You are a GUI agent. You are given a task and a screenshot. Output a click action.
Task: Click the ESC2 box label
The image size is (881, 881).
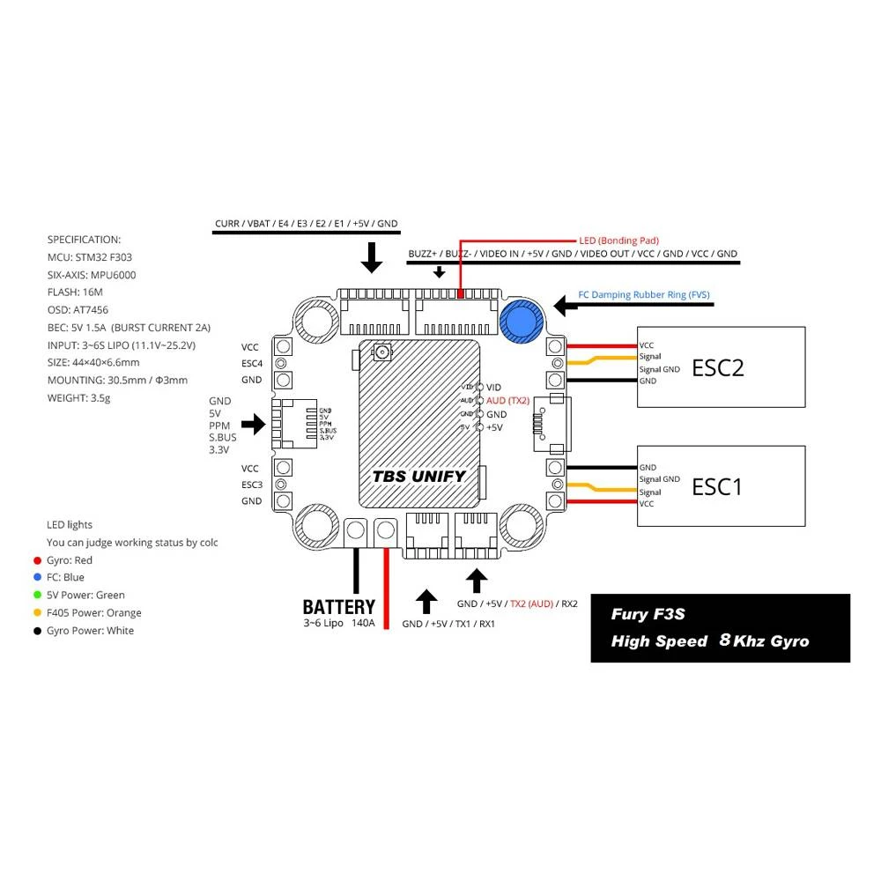pyautogui.click(x=718, y=366)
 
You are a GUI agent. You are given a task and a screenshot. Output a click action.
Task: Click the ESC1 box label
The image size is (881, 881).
pyautogui.click(x=717, y=485)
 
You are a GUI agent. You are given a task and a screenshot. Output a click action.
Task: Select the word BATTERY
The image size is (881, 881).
pyautogui.click(x=338, y=607)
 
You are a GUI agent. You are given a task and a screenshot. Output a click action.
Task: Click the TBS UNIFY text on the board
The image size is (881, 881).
pyautogui.click(x=418, y=476)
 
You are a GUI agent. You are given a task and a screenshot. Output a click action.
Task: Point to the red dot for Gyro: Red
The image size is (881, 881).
pyautogui.click(x=36, y=560)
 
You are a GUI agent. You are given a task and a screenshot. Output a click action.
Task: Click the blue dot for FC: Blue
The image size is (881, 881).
pyautogui.click(x=36, y=578)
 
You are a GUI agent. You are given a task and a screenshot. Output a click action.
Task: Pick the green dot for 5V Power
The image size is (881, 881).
pyautogui.click(x=36, y=596)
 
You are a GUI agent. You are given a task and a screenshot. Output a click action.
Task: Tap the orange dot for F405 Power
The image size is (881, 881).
pyautogui.click(x=36, y=613)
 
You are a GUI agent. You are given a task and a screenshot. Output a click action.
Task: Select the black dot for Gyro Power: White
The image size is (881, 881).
pyautogui.click(x=36, y=631)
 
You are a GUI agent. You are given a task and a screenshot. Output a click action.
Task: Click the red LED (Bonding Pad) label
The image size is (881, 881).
pyautogui.click(x=618, y=240)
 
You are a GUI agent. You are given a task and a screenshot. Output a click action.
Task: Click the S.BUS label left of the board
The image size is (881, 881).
pyautogui.click(x=223, y=437)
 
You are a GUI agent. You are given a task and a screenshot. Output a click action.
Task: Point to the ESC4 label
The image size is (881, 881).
pyautogui.click(x=252, y=363)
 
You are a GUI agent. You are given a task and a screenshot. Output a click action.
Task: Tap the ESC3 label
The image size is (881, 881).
pyautogui.click(x=252, y=485)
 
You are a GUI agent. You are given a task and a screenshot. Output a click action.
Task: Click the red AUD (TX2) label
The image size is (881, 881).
pyautogui.click(x=507, y=400)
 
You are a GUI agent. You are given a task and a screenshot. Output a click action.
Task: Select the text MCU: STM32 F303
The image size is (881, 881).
pyautogui.click(x=90, y=257)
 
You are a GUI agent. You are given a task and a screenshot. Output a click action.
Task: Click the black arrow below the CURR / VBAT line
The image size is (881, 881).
pyautogui.click(x=373, y=257)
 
